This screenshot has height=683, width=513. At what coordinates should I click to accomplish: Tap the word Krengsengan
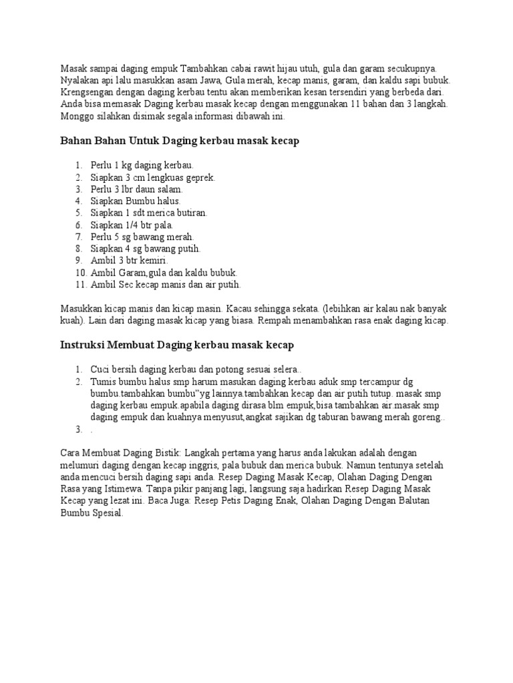tap(88, 92)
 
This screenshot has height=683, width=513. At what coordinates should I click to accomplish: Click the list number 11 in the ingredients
tap(79, 285)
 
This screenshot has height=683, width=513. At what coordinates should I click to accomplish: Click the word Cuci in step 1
tap(101, 370)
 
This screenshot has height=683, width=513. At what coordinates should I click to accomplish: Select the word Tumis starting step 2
tap(104, 382)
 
